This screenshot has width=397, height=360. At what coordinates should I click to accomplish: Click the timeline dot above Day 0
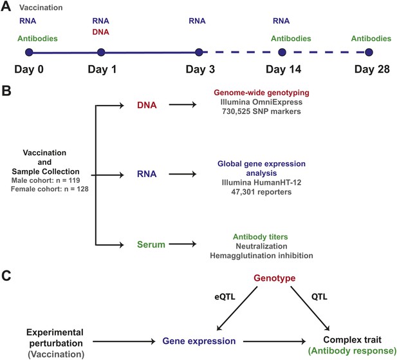point(29,52)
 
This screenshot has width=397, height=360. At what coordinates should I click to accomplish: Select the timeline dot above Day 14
point(282,52)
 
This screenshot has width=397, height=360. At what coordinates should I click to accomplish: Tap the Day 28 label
point(372,69)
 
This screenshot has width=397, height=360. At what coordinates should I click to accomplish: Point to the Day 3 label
point(200,69)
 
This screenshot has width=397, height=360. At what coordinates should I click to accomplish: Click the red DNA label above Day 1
point(101,32)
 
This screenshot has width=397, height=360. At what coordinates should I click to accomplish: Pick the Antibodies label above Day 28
point(371,39)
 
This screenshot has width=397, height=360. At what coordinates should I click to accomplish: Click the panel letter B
point(6,90)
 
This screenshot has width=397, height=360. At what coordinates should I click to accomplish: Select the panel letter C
point(6,276)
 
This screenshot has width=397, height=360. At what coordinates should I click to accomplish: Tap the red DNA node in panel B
point(147,105)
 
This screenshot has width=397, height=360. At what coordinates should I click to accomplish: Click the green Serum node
point(151,245)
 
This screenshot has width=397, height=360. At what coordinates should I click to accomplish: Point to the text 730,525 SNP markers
point(261,111)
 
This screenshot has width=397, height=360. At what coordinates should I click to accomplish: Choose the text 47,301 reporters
point(261,192)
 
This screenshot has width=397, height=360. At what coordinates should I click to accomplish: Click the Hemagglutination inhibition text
point(261,256)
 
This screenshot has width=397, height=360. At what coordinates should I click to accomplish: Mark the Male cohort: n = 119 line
point(46,180)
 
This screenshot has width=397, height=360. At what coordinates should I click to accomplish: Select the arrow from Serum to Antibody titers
point(183,244)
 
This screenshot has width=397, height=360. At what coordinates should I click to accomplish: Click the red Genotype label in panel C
point(275,278)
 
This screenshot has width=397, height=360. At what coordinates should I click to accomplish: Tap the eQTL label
point(225,297)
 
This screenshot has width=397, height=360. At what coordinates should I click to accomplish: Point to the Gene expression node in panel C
point(199,341)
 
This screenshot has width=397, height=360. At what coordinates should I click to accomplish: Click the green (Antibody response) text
point(352,351)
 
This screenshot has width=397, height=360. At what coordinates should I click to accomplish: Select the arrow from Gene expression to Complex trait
point(274,341)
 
